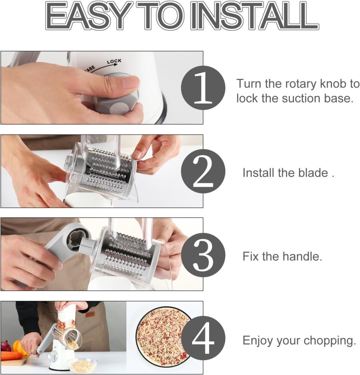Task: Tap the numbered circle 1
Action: coord(203,88)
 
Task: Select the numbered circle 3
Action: coord(203,255)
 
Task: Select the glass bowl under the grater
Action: coord(82,365)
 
